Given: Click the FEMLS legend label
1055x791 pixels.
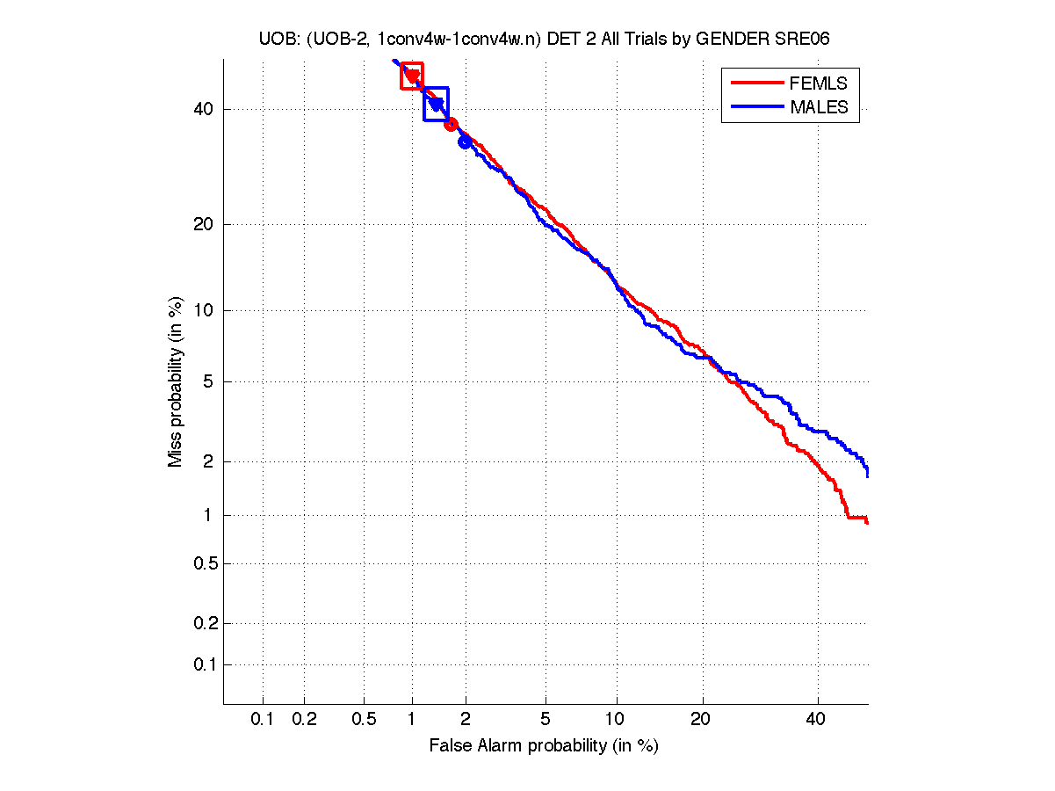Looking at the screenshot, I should point(819,83).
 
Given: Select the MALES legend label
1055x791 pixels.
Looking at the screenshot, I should point(819,107).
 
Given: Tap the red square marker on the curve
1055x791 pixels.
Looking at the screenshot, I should point(412,76).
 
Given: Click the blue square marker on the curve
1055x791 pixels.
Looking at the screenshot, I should point(436,104).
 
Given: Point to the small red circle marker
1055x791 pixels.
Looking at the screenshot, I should point(451,124).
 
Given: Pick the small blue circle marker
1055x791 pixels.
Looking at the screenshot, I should point(465,142).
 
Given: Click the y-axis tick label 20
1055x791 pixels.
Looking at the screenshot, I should point(204,224).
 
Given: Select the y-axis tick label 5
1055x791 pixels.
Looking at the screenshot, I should point(207,381).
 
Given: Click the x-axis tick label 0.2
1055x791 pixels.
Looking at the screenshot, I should point(304,720).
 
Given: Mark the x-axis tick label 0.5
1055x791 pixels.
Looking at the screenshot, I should point(365,720).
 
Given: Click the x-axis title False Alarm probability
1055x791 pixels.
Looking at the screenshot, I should point(543,746).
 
